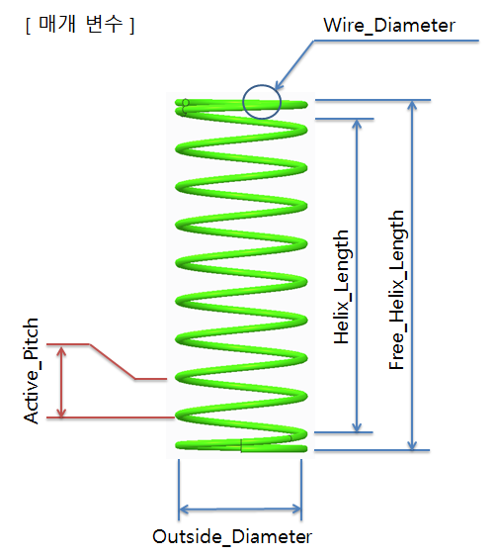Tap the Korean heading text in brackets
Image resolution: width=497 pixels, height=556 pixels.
tap(79, 24)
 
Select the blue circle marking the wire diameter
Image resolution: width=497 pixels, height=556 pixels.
tap(262, 101)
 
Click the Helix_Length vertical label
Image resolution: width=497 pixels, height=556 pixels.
tap(342, 287)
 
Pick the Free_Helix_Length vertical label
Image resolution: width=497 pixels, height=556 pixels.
tap(397, 290)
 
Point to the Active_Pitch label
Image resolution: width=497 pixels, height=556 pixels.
tap(33, 371)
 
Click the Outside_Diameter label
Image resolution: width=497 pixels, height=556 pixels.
tap(232, 537)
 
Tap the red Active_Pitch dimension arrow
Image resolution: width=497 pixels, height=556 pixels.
tap(62, 381)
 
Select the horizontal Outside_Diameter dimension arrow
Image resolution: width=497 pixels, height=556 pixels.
tap(240, 510)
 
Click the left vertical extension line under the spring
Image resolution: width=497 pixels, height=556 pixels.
tap(179, 485)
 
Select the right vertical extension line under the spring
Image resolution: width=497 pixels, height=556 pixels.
tap(301, 485)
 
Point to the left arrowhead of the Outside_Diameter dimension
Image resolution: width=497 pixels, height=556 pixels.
tap(184, 510)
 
